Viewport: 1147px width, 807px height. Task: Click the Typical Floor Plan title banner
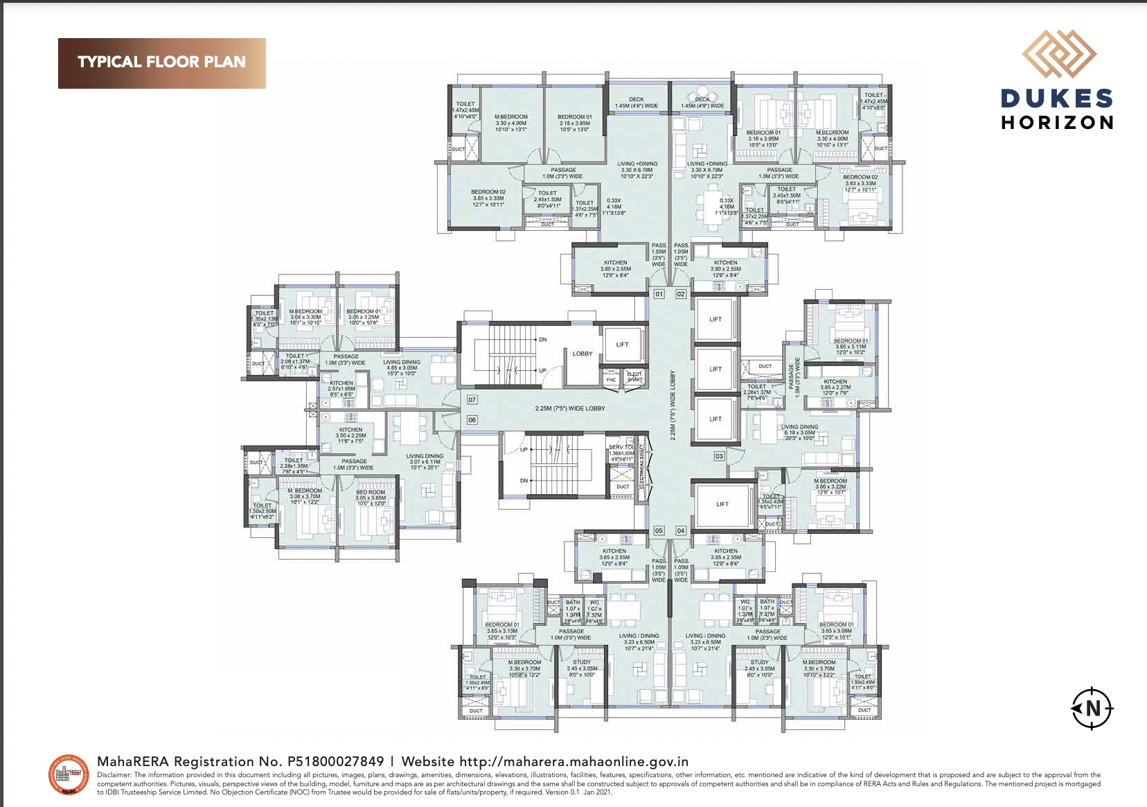(161, 62)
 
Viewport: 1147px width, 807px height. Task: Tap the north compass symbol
(1092, 709)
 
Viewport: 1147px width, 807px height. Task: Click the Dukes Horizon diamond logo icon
(1058, 54)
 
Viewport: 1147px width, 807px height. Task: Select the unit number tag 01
(659, 294)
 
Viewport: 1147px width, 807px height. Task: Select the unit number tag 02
(681, 294)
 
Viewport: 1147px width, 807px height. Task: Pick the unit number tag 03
(719, 456)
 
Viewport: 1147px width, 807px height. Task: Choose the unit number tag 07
(472, 399)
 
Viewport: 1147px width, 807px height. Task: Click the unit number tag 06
(472, 419)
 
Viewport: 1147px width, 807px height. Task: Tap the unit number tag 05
(659, 530)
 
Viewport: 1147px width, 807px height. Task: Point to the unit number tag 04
(681, 530)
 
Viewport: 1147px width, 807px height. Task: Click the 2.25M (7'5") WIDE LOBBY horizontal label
(569, 408)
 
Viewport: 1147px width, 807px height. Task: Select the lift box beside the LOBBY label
(622, 344)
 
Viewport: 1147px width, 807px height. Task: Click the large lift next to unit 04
(722, 504)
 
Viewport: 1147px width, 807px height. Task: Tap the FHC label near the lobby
(611, 379)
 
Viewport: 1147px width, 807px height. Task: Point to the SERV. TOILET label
(621, 447)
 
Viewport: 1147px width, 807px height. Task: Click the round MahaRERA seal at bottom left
(68, 775)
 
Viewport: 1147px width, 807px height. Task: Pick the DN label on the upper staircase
(542, 340)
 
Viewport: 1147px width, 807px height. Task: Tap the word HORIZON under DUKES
(1057, 123)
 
